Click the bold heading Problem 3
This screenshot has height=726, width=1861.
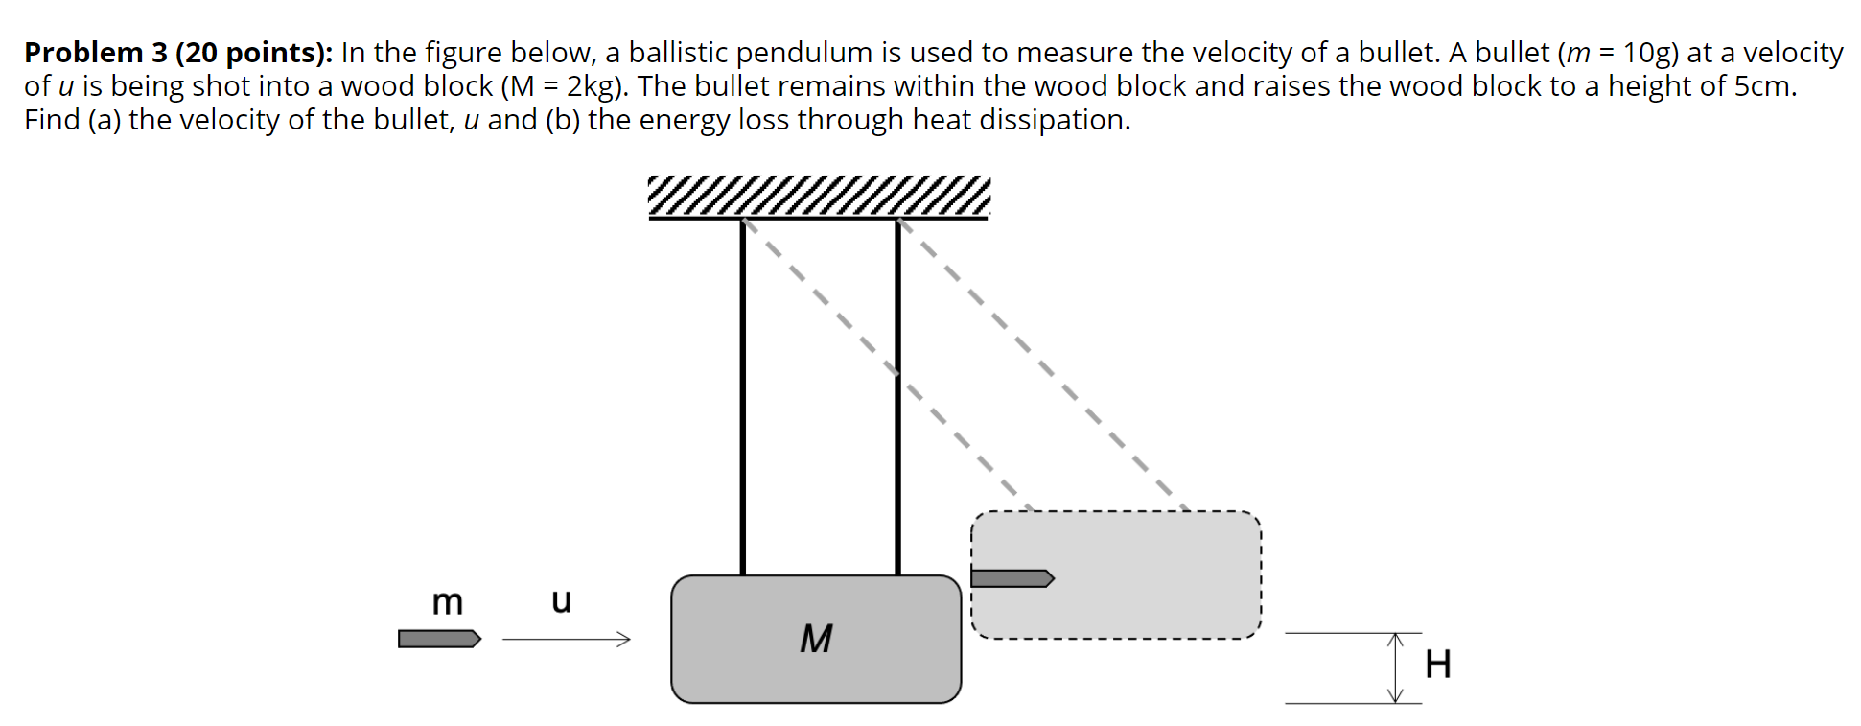point(96,53)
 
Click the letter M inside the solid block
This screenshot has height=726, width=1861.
point(816,639)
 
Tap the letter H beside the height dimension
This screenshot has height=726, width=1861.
point(1437,664)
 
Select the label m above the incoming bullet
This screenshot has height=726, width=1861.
point(447,602)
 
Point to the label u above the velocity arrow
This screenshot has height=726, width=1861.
point(561,600)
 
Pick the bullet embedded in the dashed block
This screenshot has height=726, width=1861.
point(1012,578)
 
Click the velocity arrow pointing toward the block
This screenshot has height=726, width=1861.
point(566,639)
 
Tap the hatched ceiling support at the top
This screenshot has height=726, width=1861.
point(818,197)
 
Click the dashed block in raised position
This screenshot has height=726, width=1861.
point(1151,575)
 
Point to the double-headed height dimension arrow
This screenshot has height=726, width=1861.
point(1396,667)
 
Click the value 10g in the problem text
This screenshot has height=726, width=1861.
point(1646,53)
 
